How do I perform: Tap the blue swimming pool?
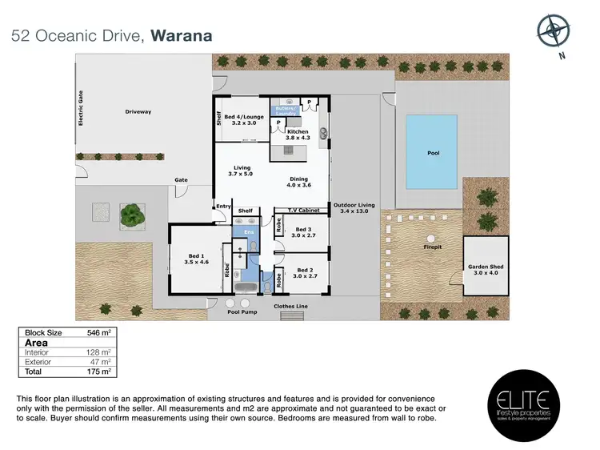tap(434, 152)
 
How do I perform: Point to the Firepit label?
tap(433, 248)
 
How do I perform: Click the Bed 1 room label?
tap(195, 259)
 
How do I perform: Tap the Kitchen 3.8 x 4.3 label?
tap(298, 135)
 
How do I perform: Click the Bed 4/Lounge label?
tap(242, 121)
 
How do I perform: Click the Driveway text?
tap(138, 111)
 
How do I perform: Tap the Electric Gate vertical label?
tap(81, 108)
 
